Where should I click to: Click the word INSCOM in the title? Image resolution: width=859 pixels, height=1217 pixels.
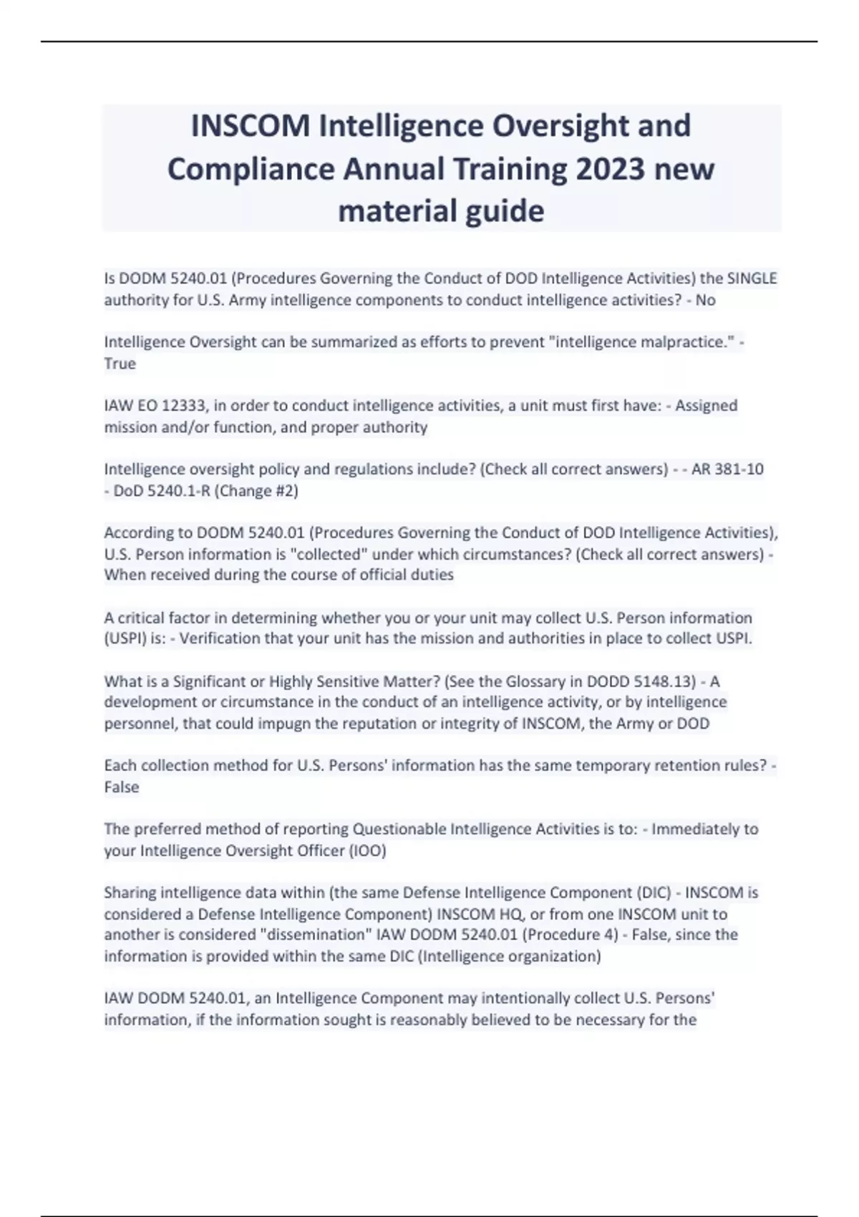[x=250, y=126]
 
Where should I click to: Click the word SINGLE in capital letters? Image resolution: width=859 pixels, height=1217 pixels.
[x=752, y=278]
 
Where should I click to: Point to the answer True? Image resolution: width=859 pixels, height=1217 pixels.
[x=120, y=363]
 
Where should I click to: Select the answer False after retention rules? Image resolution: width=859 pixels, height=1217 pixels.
[x=122, y=787]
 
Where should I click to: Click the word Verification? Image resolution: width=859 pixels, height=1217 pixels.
[x=220, y=639]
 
